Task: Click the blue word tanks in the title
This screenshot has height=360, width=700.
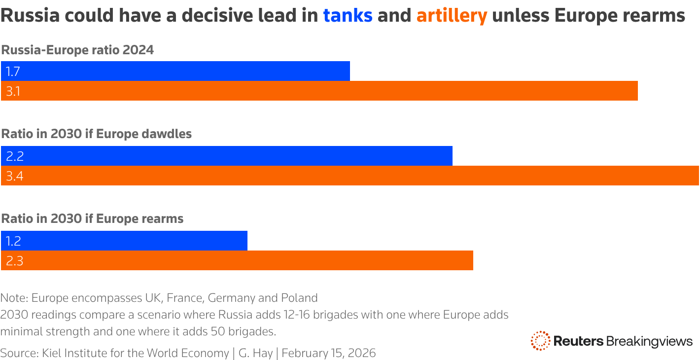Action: pos(348,16)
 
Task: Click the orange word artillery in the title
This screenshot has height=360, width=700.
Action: pos(452,16)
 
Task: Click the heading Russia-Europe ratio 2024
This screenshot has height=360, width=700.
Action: pos(77,50)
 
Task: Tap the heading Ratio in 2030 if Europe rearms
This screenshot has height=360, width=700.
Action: pos(92,219)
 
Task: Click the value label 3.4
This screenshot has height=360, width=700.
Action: pos(14,176)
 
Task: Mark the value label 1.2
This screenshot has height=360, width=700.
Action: pos(13,241)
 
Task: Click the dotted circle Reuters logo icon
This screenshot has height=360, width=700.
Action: pos(540,341)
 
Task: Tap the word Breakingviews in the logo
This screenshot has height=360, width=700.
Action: pos(649,341)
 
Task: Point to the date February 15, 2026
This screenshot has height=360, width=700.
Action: pos(328,353)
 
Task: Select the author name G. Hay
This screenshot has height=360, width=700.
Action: pos(255,353)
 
